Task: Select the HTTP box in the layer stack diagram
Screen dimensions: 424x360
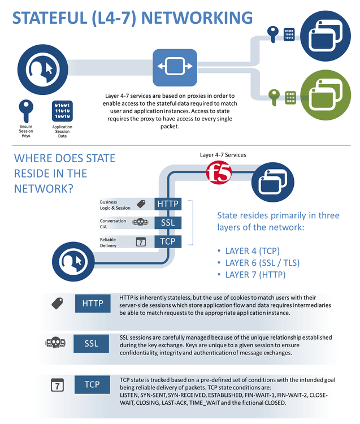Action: tap(167, 204)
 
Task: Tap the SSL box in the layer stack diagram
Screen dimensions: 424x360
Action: tap(167, 223)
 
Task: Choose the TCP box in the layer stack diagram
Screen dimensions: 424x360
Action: tap(167, 241)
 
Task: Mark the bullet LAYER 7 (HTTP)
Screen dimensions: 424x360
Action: tap(255, 275)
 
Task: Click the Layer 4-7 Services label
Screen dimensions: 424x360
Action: tap(223, 154)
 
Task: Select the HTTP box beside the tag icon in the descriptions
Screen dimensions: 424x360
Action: tap(92, 304)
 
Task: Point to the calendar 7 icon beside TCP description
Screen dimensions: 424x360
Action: tap(57, 386)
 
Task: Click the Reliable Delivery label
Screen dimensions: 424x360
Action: tap(108, 243)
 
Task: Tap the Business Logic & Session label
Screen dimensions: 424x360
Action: tap(115, 205)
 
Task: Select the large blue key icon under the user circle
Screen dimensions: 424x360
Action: tap(26, 109)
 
